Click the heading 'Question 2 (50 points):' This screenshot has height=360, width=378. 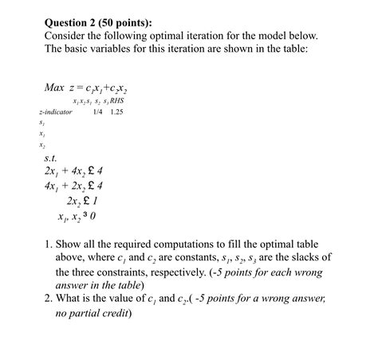(104, 22)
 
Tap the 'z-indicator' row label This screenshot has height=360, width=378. (56, 112)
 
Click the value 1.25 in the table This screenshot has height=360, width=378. (118, 112)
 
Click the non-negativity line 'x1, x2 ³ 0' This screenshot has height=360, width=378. (77, 217)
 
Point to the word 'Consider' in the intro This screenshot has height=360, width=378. (69, 37)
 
